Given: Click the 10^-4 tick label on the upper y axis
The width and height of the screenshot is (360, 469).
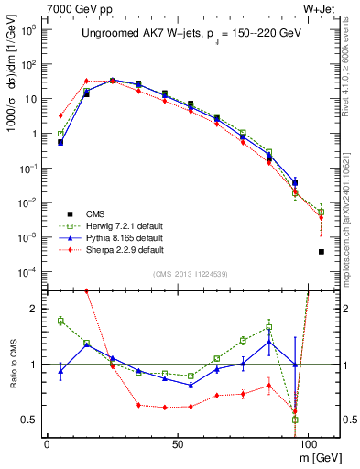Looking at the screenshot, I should pyautogui.click(x=27, y=272).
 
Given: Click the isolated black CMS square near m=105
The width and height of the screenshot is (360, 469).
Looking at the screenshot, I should pyautogui.click(x=321, y=251).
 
